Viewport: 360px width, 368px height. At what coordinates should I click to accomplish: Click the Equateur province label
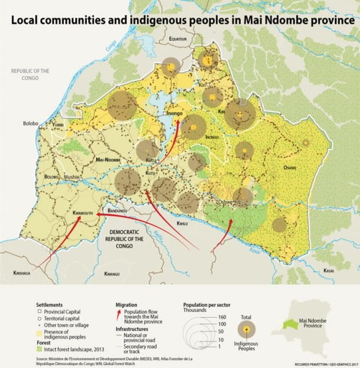click(178, 39)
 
